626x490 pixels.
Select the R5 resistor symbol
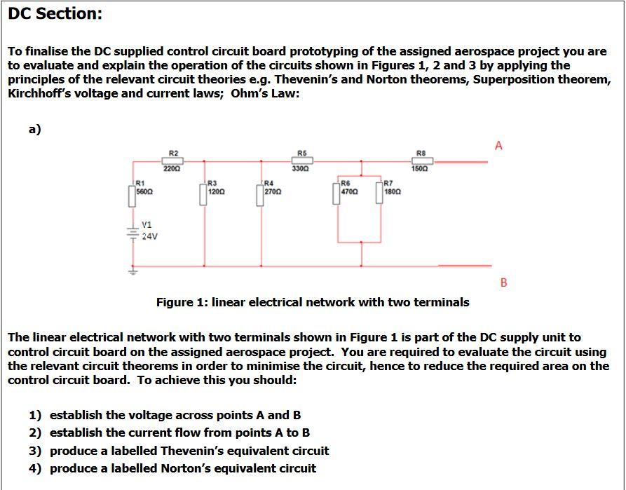[x=301, y=161]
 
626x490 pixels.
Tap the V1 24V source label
[x=149, y=231]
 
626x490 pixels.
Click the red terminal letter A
[x=498, y=146]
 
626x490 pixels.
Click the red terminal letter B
[x=503, y=283]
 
